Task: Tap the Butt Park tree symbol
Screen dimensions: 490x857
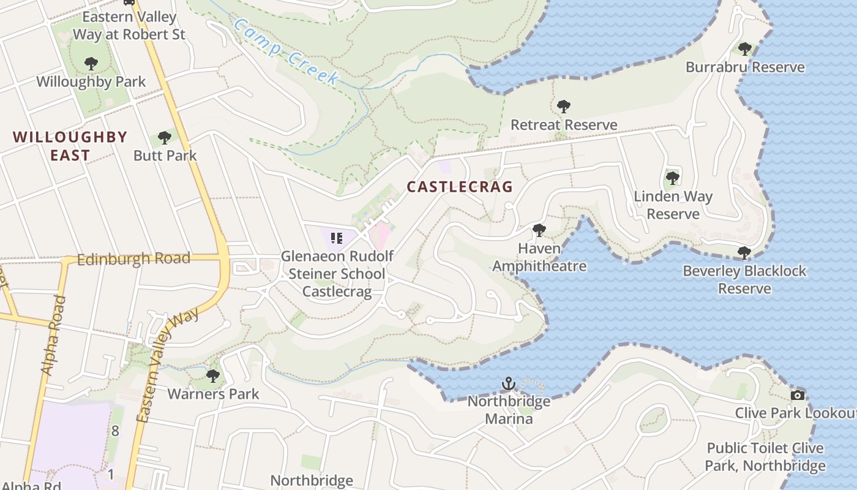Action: [164, 137]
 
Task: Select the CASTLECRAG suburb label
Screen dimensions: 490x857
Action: [459, 187]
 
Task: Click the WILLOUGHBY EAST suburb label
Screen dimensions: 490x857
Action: [70, 146]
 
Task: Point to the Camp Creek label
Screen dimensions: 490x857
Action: [286, 51]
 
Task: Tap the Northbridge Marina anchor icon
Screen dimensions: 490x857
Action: [508, 383]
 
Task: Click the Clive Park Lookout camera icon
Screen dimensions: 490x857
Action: [797, 395]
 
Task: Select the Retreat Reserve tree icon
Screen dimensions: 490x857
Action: [564, 107]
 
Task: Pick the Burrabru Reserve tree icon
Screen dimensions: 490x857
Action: [744, 49]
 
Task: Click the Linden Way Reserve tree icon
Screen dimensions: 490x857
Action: [673, 178]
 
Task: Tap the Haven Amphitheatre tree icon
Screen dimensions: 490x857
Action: [539, 230]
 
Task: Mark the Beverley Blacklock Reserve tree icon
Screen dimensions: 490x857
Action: [744, 252]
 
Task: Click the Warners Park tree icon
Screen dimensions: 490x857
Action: [213, 375]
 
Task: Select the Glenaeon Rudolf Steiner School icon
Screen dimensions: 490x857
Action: [336, 238]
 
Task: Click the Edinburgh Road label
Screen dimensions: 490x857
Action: [134, 259]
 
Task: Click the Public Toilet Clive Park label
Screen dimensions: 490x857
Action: [765, 457]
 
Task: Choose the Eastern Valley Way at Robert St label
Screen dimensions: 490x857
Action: [129, 25]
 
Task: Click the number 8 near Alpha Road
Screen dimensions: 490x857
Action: [115, 431]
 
